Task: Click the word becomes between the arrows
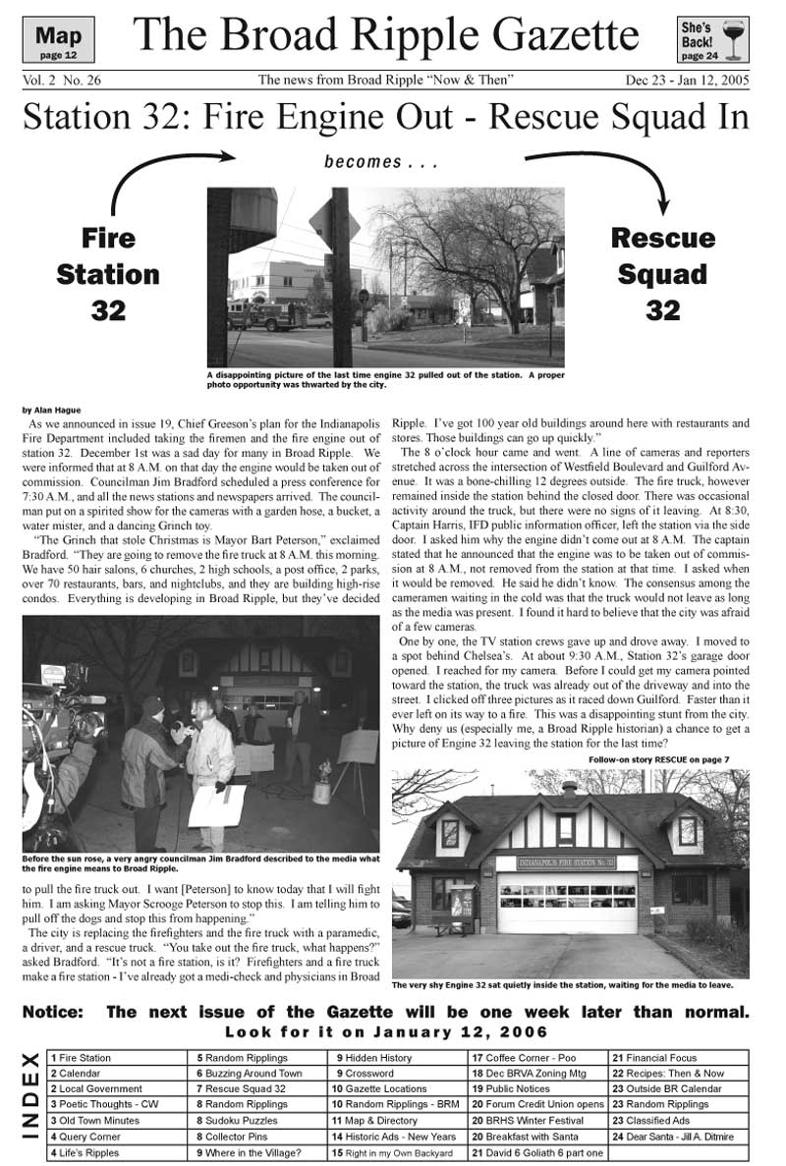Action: [363, 162]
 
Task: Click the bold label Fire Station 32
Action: [108, 274]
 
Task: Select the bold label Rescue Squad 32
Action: [662, 274]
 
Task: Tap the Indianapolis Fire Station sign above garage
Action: [568, 862]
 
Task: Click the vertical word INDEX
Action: [30, 1104]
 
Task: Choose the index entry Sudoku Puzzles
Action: [236, 1120]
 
